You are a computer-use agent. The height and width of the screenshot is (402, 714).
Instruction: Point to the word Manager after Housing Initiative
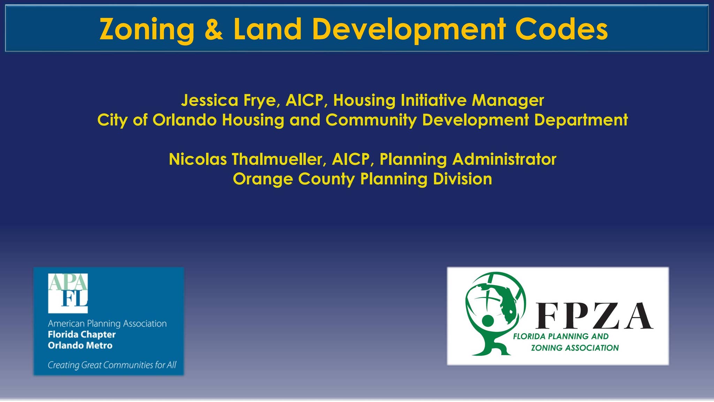pyautogui.click(x=508, y=100)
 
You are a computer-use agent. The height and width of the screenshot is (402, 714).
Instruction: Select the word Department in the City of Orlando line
pyautogui.click(x=581, y=120)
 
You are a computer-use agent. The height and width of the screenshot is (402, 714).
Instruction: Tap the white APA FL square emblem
pyautogui.click(x=68, y=293)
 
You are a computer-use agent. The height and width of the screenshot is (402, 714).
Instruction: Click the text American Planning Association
pyautogui.click(x=107, y=323)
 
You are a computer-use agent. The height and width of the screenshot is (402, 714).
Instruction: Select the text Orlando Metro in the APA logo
pyautogui.click(x=80, y=345)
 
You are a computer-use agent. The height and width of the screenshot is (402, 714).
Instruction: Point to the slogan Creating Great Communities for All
pyautogui.click(x=112, y=365)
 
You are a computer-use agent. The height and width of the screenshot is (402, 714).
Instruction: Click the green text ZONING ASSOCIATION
pyautogui.click(x=575, y=348)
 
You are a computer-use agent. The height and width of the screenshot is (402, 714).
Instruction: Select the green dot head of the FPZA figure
pyautogui.click(x=487, y=320)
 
